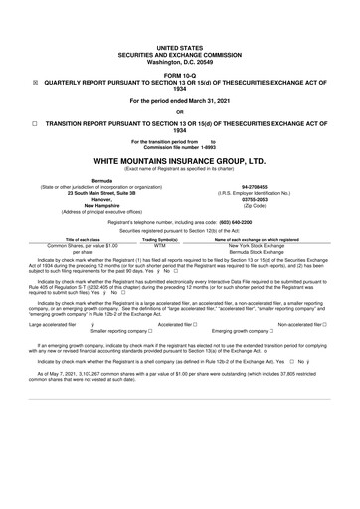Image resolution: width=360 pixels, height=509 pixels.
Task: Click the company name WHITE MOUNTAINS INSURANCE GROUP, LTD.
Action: (180, 161)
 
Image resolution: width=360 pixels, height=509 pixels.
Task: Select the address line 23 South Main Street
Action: (85, 191)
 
